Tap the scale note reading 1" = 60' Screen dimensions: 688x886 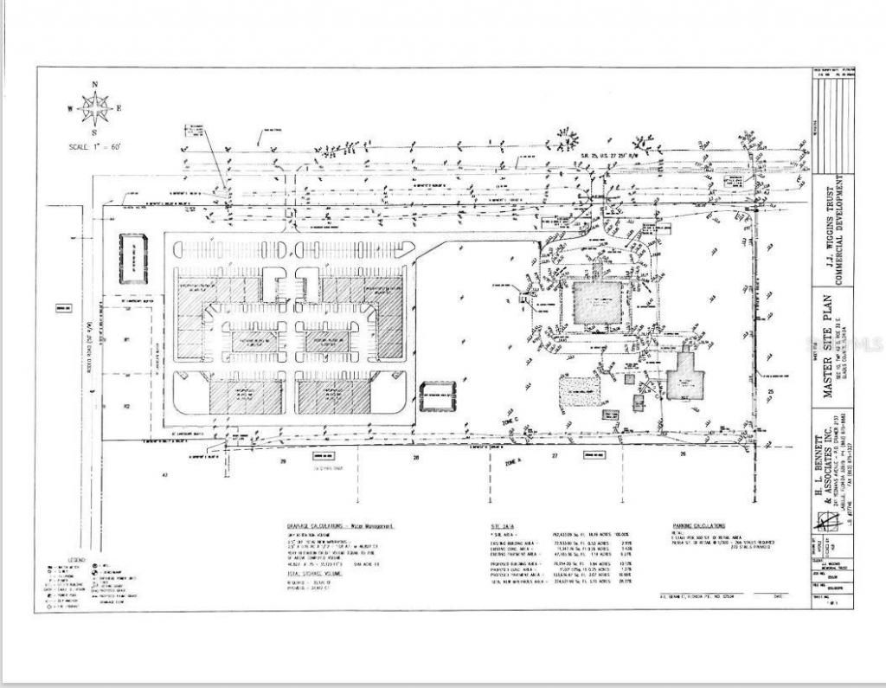94,147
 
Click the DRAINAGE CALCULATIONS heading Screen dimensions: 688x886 340,525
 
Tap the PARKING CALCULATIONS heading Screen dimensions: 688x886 699,525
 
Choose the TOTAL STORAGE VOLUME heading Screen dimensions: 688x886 316,573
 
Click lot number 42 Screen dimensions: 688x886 162,475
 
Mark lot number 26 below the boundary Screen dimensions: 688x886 683,454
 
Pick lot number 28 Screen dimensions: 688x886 416,456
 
